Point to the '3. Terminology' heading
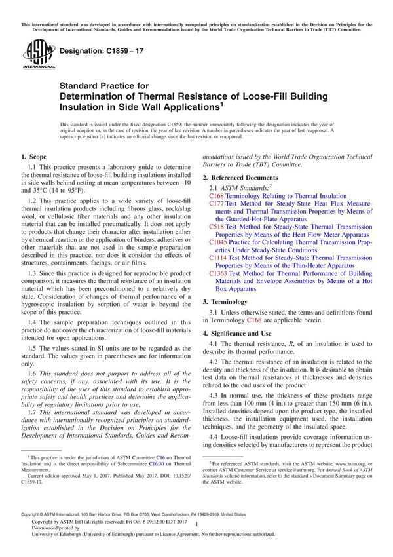(x=226, y=301)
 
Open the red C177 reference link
(x=216, y=204)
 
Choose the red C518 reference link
(x=216, y=226)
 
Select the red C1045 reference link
(x=218, y=241)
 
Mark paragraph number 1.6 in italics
(x=31, y=372)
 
